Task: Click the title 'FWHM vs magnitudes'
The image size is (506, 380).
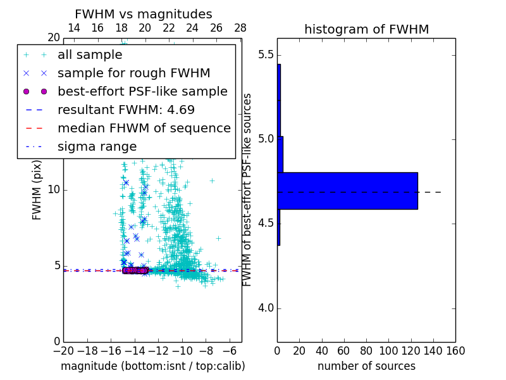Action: click(144, 14)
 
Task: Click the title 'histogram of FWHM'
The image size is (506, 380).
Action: click(366, 29)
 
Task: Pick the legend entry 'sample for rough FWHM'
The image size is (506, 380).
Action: click(133, 73)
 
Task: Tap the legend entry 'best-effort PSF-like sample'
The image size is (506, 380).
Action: click(142, 91)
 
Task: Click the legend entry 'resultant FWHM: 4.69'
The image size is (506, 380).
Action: click(126, 110)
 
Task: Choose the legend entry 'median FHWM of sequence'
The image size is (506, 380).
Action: click(144, 128)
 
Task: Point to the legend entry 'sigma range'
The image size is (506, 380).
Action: click(97, 146)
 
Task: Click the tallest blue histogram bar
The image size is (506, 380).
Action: click(347, 191)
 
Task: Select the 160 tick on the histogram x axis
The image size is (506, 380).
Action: click(455, 350)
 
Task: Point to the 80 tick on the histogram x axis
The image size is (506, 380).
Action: click(366, 350)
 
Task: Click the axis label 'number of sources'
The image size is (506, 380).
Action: click(366, 366)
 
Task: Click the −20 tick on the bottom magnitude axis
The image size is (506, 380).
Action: click(63, 350)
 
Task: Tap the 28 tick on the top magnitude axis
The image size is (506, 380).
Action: click(240, 28)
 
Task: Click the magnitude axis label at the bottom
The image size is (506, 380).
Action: click(152, 366)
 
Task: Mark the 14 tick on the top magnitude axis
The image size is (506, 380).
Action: click(73, 28)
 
